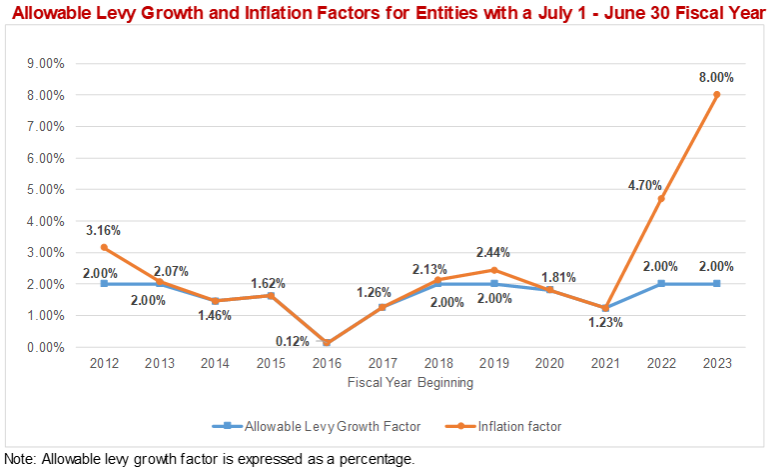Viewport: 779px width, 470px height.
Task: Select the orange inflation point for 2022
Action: [x=660, y=199]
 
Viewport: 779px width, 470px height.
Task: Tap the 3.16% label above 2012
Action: [x=103, y=231]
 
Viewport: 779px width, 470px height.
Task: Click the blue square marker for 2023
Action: [x=716, y=284]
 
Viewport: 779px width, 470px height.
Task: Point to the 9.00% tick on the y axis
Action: [x=44, y=63]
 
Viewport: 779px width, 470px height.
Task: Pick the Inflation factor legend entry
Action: [x=519, y=426]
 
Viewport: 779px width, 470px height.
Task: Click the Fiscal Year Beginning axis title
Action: [x=410, y=382]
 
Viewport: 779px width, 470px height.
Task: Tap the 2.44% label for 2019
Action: [x=492, y=251]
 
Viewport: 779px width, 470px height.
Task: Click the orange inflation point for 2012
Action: [x=103, y=247]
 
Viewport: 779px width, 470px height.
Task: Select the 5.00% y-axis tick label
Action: [x=44, y=189]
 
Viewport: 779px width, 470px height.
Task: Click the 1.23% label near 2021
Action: [x=605, y=322]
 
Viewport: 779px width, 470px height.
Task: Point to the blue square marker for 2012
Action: [x=103, y=284]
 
